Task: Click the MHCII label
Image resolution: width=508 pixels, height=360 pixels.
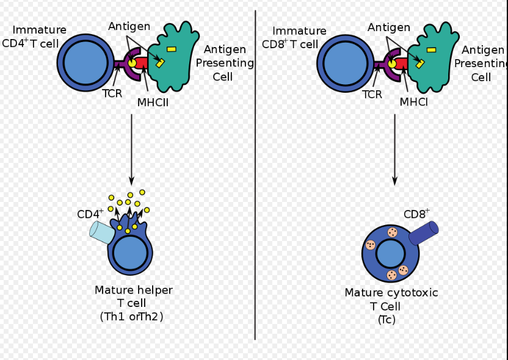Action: [x=153, y=103]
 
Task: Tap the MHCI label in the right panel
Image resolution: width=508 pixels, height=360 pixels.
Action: [x=413, y=102]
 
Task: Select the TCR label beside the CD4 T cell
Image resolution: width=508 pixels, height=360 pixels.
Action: [x=112, y=94]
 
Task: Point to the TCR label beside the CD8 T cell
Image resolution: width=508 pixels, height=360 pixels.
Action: [x=372, y=94]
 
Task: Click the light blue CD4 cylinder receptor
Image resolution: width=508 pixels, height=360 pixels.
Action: [x=102, y=232]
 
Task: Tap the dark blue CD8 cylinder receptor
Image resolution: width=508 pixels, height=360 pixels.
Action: [x=423, y=232]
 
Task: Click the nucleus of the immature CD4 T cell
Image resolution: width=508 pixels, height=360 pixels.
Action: [x=85, y=63]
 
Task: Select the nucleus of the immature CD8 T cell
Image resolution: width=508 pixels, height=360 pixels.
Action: [x=346, y=63]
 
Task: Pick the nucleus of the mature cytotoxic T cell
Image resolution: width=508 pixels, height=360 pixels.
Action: [x=390, y=253]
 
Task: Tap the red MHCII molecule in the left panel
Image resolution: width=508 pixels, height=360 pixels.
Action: [x=141, y=63]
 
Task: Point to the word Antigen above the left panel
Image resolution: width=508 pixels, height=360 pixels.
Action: [x=129, y=26]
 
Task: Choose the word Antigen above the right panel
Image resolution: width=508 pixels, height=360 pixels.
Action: [x=389, y=27]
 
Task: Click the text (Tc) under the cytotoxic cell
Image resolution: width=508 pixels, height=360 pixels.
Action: [x=386, y=319]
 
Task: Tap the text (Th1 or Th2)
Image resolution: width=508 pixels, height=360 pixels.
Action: [x=132, y=316]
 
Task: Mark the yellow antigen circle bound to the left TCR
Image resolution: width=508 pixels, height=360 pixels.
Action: [x=132, y=62]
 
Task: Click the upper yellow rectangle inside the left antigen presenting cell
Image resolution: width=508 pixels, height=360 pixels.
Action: [x=172, y=49]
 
